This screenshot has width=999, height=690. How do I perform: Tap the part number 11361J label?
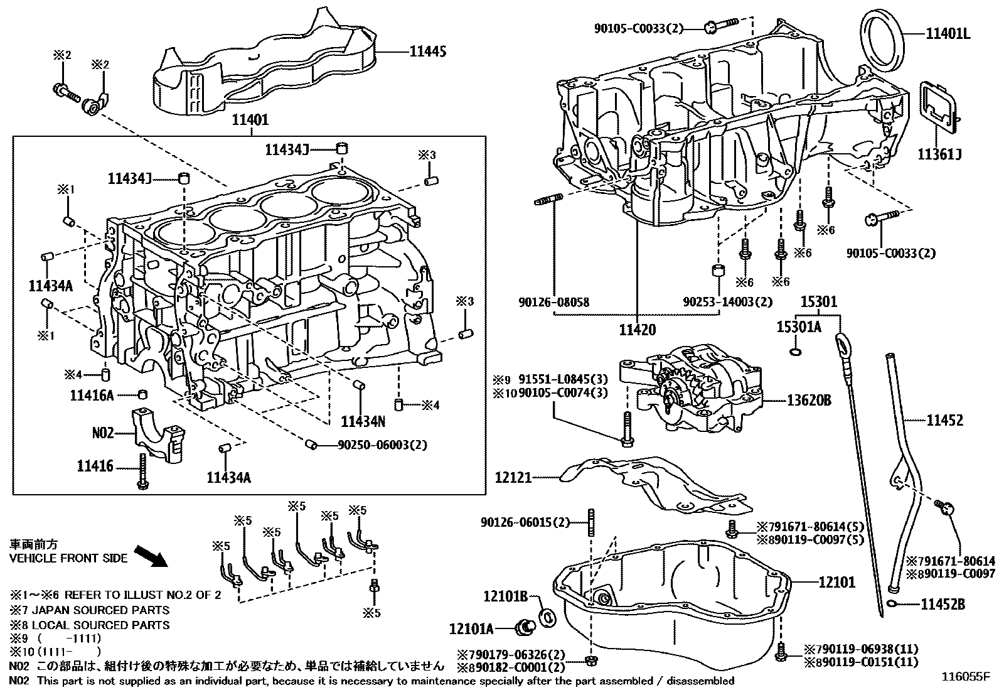click(x=939, y=154)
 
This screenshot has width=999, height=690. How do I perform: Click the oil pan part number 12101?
click(x=836, y=582)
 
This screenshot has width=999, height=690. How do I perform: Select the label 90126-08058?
click(x=553, y=303)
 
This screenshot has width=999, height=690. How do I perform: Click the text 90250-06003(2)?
click(x=382, y=445)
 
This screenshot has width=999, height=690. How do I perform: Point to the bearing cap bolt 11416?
click(x=142, y=472)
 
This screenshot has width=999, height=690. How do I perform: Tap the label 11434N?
click(x=363, y=421)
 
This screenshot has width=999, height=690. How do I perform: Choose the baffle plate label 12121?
click(x=513, y=478)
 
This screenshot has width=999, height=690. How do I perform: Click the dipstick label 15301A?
click(x=798, y=327)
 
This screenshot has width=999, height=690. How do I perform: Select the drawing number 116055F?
click(x=964, y=677)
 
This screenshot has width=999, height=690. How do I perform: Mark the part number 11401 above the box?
click(x=250, y=120)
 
